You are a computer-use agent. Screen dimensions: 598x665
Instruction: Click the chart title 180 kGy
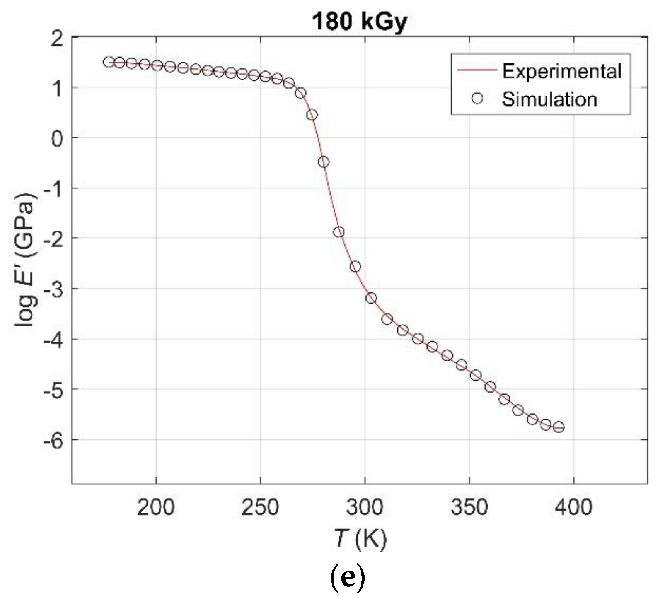[359, 22]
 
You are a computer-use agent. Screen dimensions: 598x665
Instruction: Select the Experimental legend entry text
[561, 71]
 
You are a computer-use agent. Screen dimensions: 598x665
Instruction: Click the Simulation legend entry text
[549, 99]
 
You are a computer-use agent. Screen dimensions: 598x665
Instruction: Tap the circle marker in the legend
[477, 99]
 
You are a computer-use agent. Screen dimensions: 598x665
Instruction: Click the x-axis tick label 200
[156, 507]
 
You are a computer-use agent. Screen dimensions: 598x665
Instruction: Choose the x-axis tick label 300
[365, 507]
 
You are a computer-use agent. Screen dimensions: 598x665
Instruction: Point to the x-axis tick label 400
[573, 507]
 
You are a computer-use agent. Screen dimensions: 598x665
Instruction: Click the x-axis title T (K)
[360, 539]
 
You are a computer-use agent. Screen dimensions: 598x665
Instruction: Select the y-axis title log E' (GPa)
[26, 260]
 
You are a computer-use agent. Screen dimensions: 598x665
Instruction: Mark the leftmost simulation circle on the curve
[109, 62]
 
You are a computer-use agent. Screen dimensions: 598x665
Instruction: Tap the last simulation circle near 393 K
[559, 427]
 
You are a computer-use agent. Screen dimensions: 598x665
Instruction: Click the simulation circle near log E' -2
[339, 232]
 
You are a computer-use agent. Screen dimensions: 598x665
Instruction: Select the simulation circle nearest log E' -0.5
[324, 162]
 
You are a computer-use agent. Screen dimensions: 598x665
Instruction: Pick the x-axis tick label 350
[469, 507]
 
